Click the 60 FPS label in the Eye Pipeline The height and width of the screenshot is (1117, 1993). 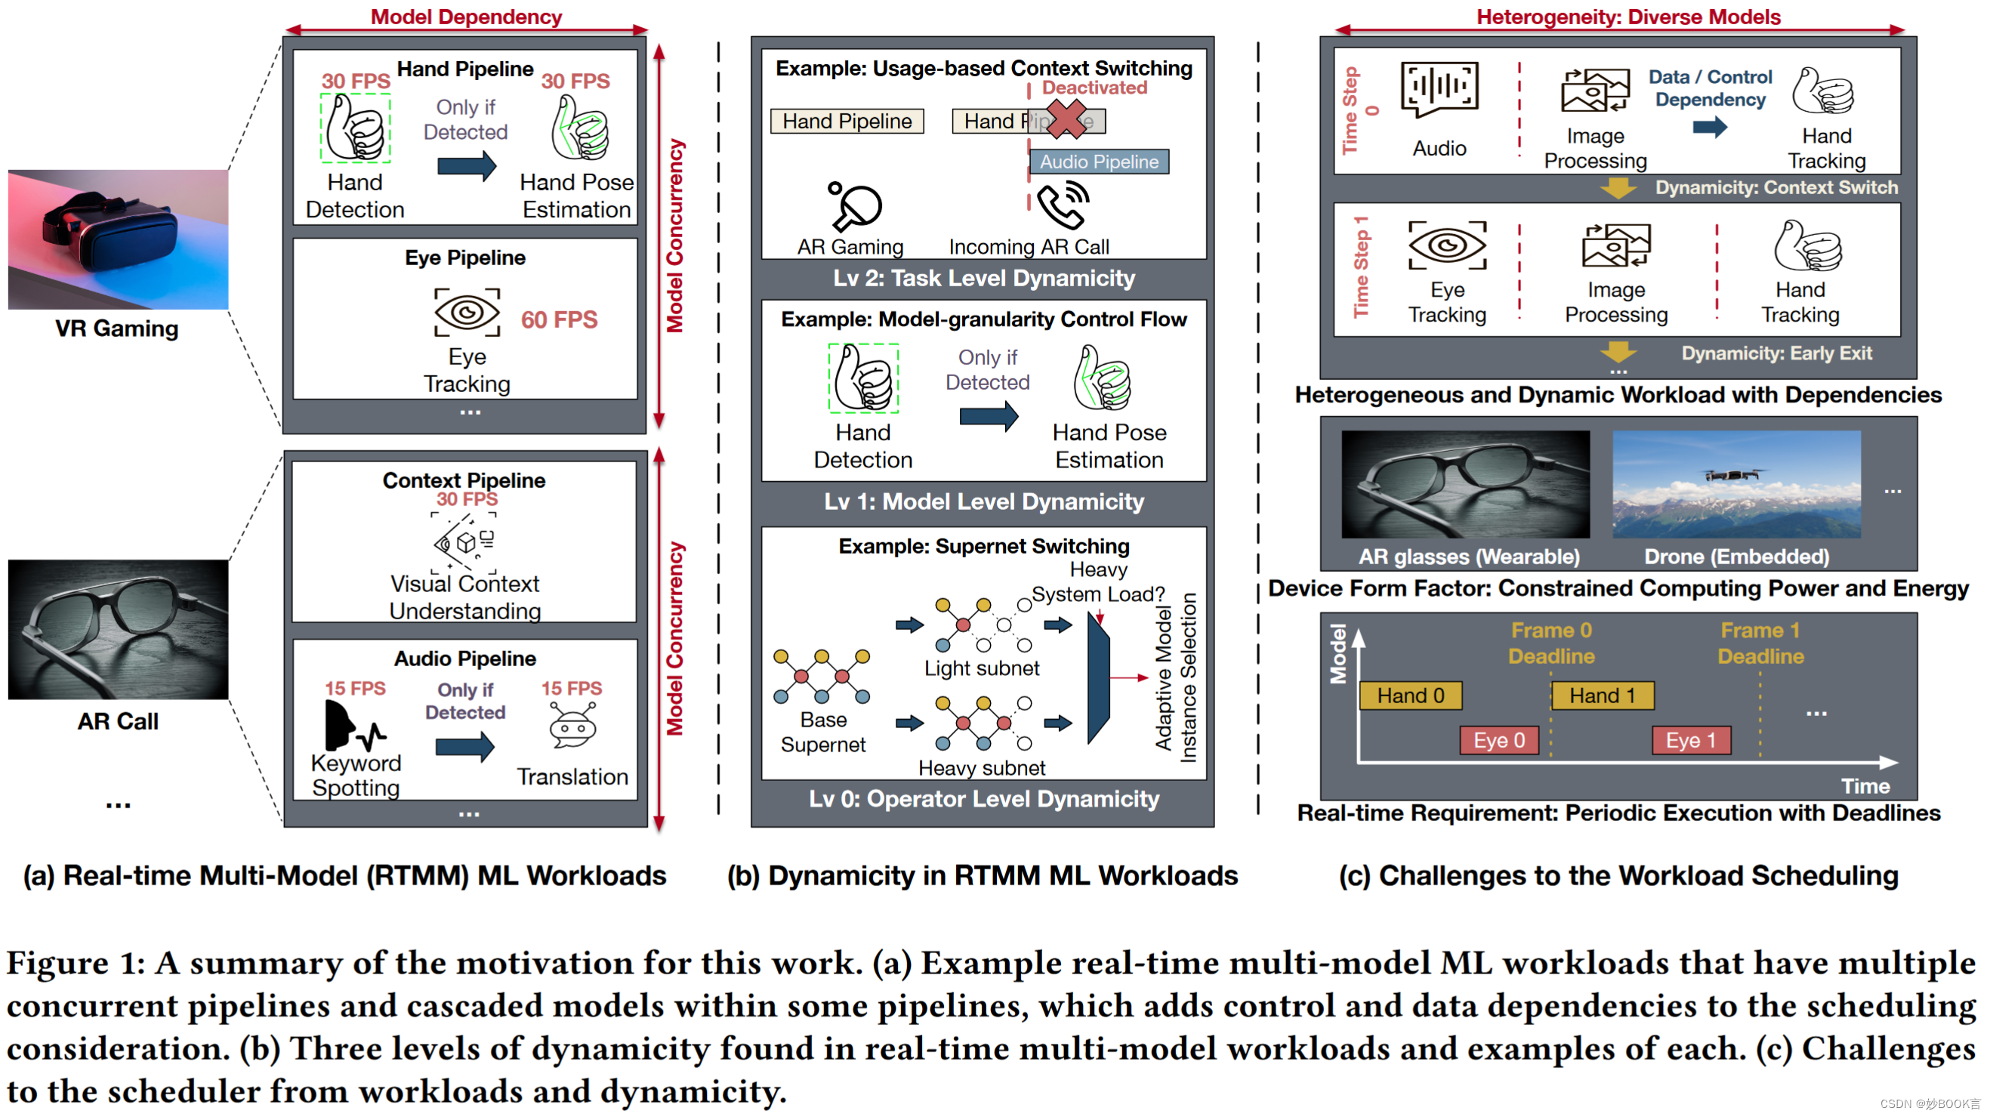click(559, 319)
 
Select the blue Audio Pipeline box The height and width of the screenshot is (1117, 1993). click(1098, 162)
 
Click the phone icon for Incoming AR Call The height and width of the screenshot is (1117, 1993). click(1063, 205)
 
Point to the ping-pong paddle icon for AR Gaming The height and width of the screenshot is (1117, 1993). click(854, 205)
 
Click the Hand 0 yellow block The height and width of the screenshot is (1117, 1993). click(1410, 696)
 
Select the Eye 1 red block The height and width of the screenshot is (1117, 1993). click(1690, 740)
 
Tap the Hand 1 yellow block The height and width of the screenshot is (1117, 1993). click(1602, 696)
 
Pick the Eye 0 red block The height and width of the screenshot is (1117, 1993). click(1498, 740)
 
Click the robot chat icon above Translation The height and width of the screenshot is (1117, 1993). click(572, 725)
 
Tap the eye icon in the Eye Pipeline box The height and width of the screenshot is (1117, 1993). click(467, 313)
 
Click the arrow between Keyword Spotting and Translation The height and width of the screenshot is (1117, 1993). click(464, 746)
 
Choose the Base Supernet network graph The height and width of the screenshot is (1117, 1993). click(822, 676)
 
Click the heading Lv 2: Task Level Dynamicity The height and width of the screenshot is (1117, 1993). click(983, 279)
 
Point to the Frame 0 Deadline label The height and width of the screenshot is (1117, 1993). click(1551, 643)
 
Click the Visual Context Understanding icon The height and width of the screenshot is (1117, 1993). click(464, 542)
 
